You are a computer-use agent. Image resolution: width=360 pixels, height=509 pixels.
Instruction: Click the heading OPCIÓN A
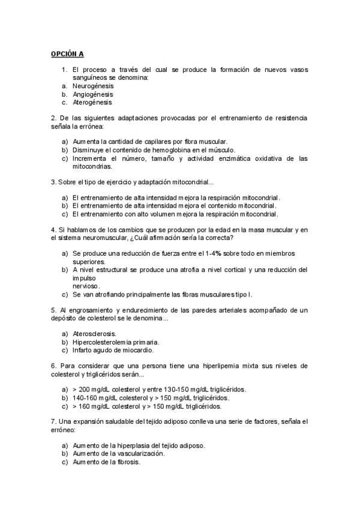[67, 53]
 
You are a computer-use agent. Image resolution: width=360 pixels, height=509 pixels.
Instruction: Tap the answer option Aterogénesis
[91, 102]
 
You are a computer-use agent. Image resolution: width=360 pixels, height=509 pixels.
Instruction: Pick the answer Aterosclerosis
[94, 333]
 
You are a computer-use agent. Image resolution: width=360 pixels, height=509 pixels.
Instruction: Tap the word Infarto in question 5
[82, 350]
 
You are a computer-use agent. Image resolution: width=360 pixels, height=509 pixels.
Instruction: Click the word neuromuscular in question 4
[98, 238]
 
